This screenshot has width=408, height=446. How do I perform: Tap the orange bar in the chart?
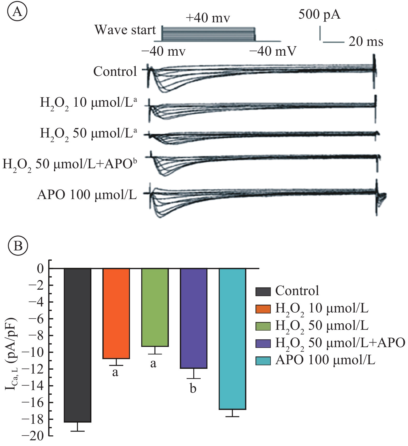click(x=116, y=313)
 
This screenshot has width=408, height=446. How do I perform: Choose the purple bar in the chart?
click(x=194, y=318)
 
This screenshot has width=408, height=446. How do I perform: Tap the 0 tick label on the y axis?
click(x=40, y=268)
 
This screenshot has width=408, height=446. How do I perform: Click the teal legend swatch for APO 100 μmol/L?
click(x=263, y=361)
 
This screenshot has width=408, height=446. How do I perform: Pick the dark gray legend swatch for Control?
click(x=263, y=291)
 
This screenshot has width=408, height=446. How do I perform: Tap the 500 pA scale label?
click(x=319, y=14)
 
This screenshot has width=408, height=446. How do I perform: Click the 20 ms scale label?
click(x=366, y=42)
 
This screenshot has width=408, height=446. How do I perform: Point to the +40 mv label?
click(x=208, y=18)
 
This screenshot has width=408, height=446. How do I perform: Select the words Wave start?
click(x=125, y=30)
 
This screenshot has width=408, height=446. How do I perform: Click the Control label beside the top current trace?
click(x=115, y=71)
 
